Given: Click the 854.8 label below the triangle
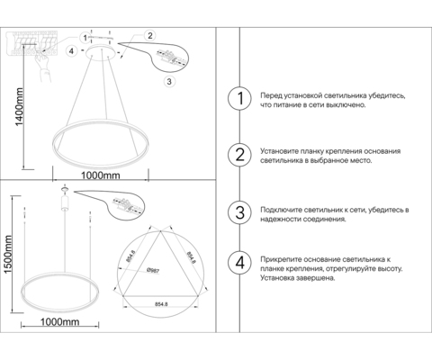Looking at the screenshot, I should click(163, 303).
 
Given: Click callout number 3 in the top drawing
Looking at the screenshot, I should click(168, 82).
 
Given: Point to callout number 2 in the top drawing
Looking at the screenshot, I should click(150, 35).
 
